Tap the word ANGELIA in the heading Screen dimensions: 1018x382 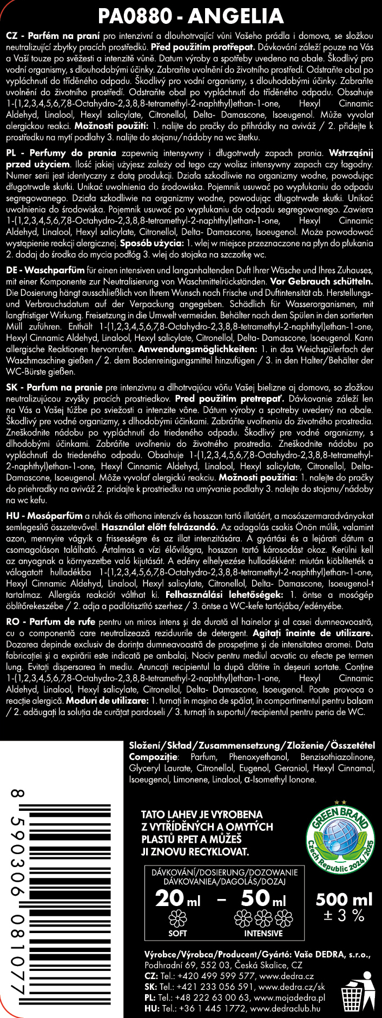click(x=236, y=16)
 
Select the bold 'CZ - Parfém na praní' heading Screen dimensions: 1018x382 click(x=52, y=36)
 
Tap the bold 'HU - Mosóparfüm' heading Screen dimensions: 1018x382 click(x=44, y=516)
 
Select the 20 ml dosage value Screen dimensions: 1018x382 click(x=177, y=899)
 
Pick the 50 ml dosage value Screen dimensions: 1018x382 click(x=263, y=899)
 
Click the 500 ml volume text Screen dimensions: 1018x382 click(x=344, y=899)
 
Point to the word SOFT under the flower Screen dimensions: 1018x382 click(x=177, y=933)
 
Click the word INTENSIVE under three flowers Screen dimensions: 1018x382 click(x=263, y=933)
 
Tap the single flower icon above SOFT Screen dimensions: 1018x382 click(x=177, y=918)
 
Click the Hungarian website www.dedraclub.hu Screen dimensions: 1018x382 click(x=286, y=1009)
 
